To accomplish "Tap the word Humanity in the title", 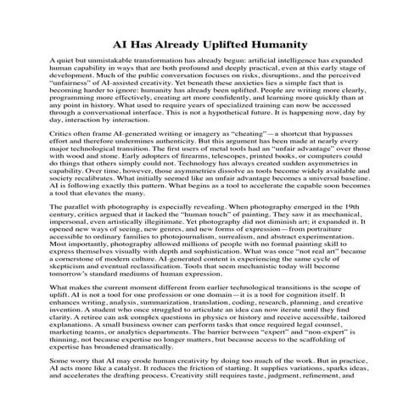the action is coord(278,43).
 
